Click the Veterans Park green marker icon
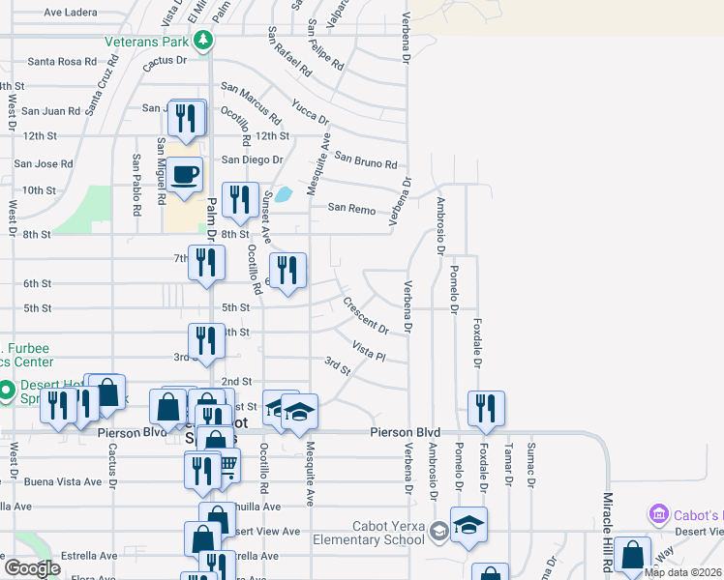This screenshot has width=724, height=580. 202,41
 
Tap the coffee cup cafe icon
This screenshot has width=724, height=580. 185,176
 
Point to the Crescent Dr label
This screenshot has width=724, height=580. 365,315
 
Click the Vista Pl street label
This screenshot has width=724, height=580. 369,351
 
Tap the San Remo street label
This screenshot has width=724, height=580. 350,208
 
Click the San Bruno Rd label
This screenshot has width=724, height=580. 366,159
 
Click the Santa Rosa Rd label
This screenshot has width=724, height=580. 62,61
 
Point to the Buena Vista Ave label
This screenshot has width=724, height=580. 67,481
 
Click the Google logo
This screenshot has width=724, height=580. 31,568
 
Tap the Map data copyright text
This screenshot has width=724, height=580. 682,572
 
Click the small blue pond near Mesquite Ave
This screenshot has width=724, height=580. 283,194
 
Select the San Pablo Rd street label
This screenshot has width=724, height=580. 136,184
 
